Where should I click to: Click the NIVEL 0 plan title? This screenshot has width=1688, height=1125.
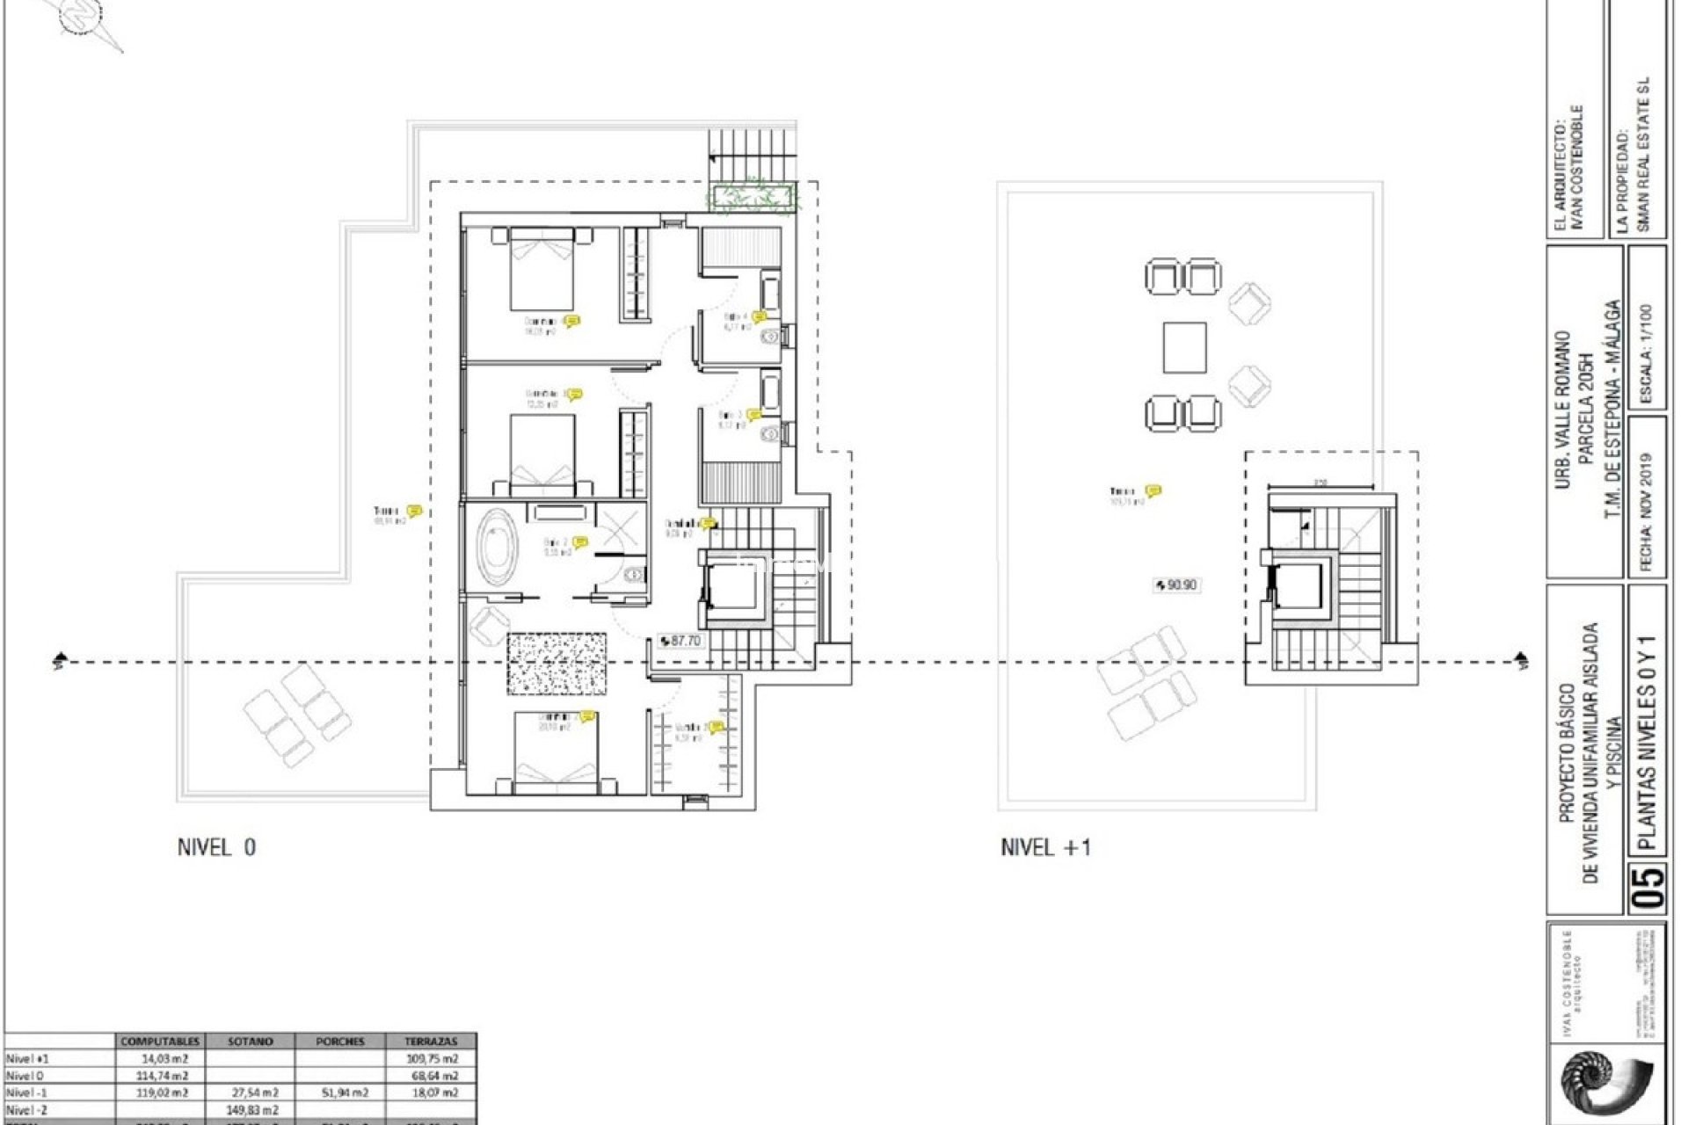click(216, 847)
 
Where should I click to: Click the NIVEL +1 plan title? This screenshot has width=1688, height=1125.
click(1045, 847)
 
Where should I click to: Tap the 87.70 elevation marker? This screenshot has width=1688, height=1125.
click(680, 641)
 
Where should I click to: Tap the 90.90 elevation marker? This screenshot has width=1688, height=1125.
click(1175, 584)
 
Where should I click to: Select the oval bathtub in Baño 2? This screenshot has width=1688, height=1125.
click(498, 546)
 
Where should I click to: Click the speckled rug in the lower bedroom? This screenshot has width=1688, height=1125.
click(557, 664)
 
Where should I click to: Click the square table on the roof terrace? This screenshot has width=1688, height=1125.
click(1184, 347)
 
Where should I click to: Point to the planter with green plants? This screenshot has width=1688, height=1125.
click(753, 197)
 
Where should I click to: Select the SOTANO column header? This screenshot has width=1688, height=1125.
click(250, 1042)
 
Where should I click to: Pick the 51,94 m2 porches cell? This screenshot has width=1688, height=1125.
click(339, 1092)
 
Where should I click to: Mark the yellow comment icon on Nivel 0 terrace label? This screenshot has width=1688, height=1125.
click(414, 511)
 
